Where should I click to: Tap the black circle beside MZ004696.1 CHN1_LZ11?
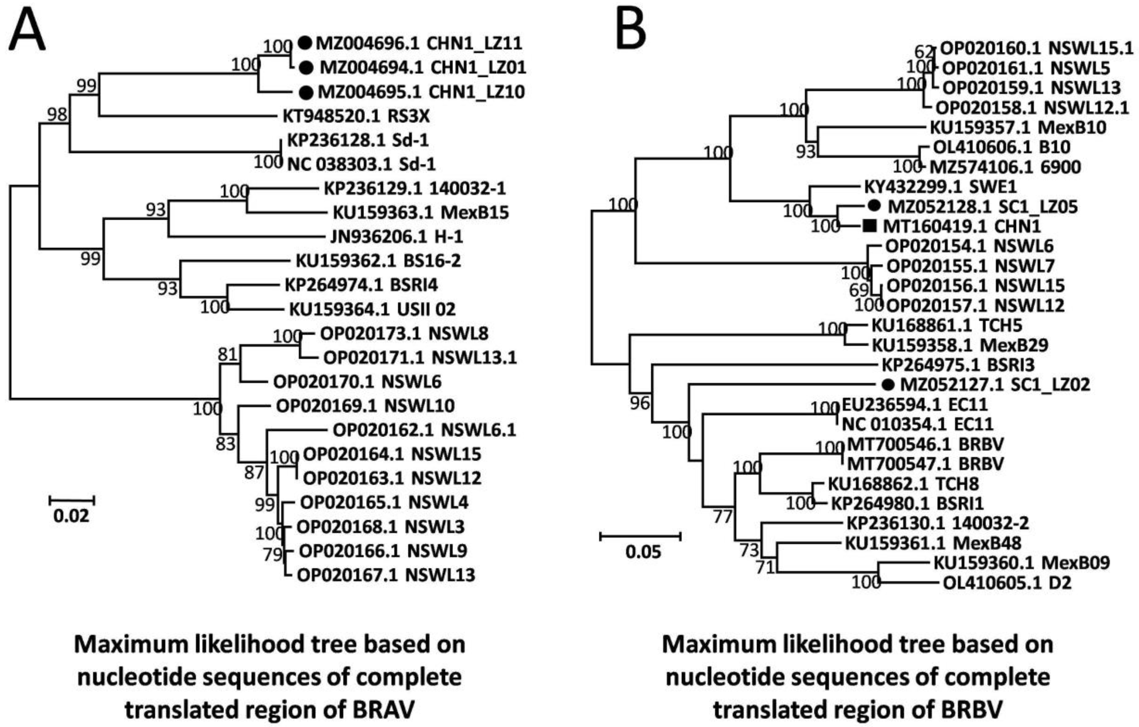[305, 44]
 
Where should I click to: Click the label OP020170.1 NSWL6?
[357, 381]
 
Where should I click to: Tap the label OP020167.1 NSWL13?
[385, 575]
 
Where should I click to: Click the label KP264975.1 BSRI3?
[958, 365]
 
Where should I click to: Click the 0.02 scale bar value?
[71, 515]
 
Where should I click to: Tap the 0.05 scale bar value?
[643, 552]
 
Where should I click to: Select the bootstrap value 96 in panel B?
[640, 403]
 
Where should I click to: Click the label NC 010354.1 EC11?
[917, 424]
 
